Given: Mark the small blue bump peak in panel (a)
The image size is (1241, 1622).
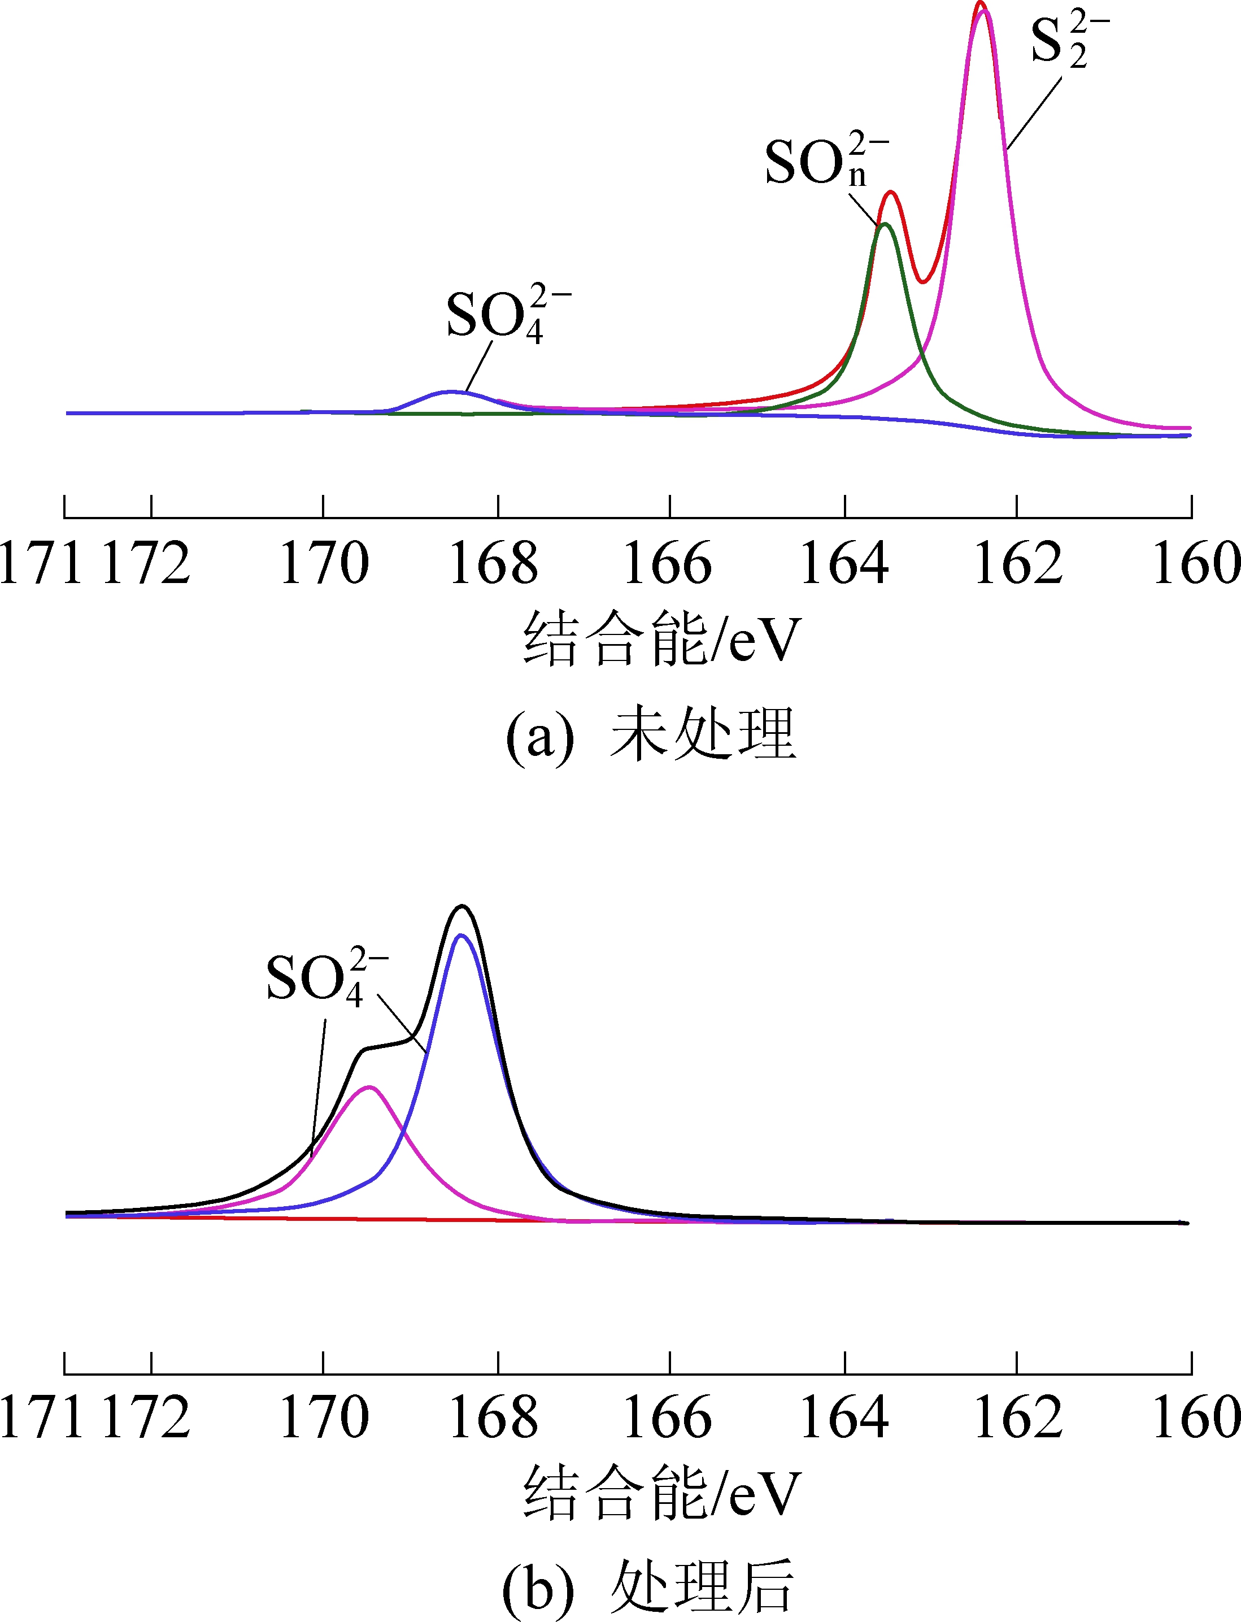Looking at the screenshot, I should [451, 392].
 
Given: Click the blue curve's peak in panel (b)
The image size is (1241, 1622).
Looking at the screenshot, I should [461, 935].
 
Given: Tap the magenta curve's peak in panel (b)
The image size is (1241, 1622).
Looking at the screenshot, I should [369, 1086].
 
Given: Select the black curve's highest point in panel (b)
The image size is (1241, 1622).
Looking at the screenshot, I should [463, 906].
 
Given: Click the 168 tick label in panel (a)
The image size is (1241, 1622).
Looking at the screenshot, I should [494, 564].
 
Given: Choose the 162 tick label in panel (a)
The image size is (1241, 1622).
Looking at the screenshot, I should [1018, 564].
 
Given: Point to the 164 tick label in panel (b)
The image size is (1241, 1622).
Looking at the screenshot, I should [844, 1417].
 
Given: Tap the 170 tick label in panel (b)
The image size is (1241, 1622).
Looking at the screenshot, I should [324, 1417].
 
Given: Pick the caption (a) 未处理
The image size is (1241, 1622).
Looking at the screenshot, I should [650, 735].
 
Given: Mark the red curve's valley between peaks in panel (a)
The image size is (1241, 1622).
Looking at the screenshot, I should [922, 281].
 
